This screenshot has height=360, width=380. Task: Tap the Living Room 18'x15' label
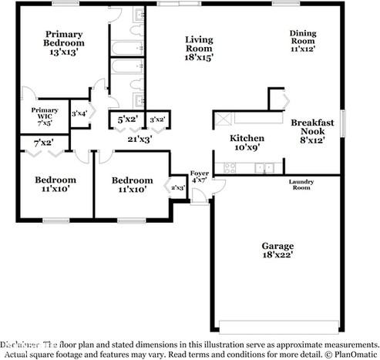pyautogui.click(x=198, y=48)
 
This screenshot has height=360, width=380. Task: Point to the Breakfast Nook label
pyautogui.click(x=312, y=131)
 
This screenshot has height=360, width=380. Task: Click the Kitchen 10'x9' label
pyautogui.click(x=247, y=143)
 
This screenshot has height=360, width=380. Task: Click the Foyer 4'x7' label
pyautogui.click(x=199, y=177)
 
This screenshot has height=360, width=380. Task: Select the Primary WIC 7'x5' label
pyautogui.click(x=45, y=116)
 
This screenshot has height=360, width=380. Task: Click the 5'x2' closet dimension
pyautogui.click(x=128, y=119)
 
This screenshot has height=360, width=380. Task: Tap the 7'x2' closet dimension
pyautogui.click(x=44, y=143)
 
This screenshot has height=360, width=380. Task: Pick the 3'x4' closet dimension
pyautogui.click(x=80, y=114)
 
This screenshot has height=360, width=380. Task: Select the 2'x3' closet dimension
pyautogui.click(x=178, y=187)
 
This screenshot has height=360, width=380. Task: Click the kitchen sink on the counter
pyautogui.click(x=264, y=167)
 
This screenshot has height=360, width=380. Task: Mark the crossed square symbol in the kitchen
pyautogui.click(x=224, y=119)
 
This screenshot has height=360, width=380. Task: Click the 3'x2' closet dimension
pyautogui.click(x=157, y=119)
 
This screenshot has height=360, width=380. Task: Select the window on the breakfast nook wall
pyautogui.click(x=342, y=122)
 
